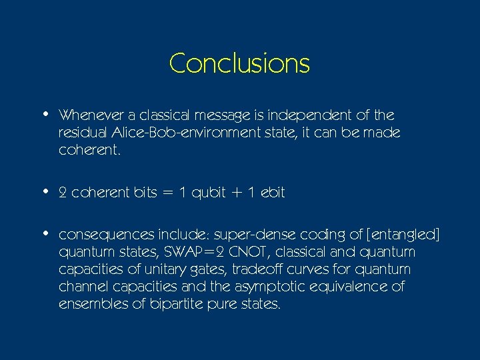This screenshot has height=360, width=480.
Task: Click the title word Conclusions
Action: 239,63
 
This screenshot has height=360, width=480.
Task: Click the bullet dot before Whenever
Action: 44,114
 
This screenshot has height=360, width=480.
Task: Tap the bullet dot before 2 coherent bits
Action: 44,191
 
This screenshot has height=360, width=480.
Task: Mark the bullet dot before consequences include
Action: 44,234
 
